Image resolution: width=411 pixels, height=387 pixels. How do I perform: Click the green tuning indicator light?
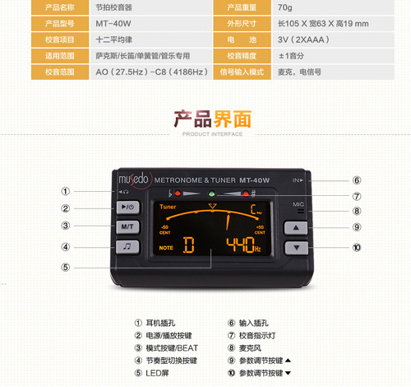pos(211,193)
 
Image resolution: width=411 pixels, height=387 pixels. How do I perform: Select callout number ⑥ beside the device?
pos(357,180)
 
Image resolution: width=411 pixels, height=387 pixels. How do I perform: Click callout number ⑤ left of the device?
pos(65,267)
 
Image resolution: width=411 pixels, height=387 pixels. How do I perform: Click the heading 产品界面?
pos(205,118)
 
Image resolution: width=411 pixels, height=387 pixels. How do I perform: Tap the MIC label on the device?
pos(298,203)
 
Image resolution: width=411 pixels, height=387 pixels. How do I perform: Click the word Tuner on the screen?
pos(169,207)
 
